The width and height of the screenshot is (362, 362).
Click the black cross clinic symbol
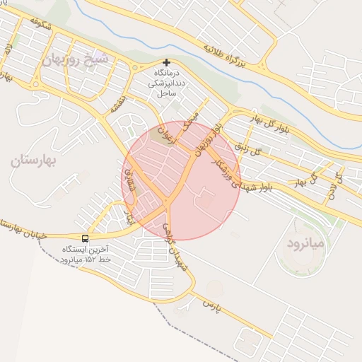pyautogui.click(x=167, y=62)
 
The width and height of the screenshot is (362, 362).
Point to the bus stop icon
pyautogui.click(x=86, y=238)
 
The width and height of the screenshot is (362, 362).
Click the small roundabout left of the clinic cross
pyautogui.click(x=134, y=69)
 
